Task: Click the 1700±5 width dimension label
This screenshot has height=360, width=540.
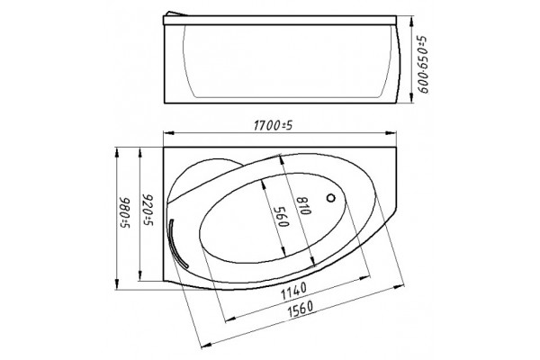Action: coord(273,126)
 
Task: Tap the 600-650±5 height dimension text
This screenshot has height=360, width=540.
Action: coord(422,64)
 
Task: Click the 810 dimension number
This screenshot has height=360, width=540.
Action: coord(304,206)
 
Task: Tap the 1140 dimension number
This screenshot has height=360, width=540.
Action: coord(293,291)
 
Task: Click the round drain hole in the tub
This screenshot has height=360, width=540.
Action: coord(331,198)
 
